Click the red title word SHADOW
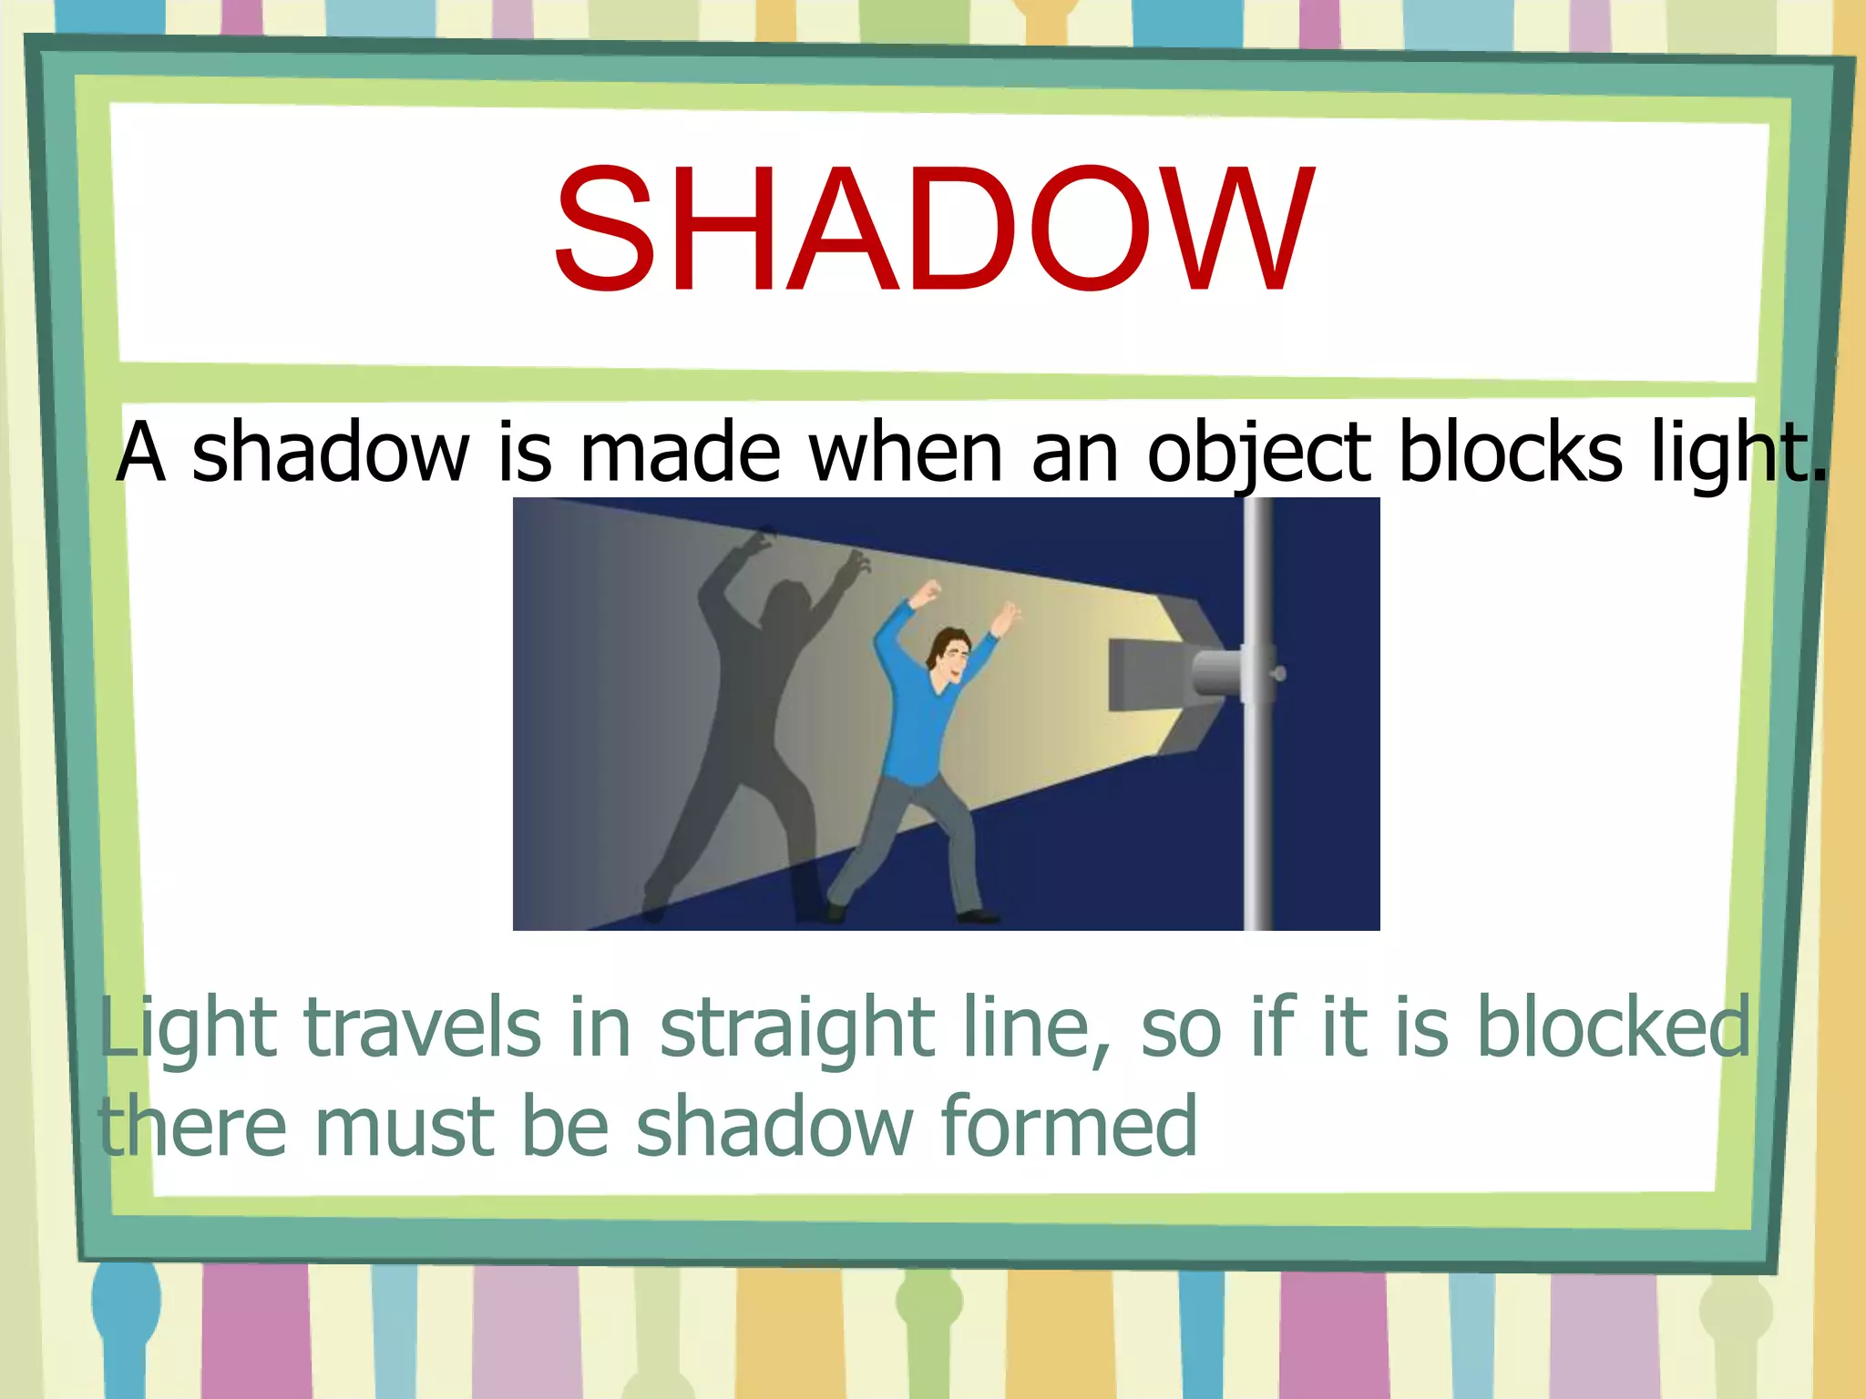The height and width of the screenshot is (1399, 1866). coord(933,230)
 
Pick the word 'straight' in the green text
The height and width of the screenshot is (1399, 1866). coord(796,1029)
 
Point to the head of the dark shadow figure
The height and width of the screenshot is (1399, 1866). coord(784,605)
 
